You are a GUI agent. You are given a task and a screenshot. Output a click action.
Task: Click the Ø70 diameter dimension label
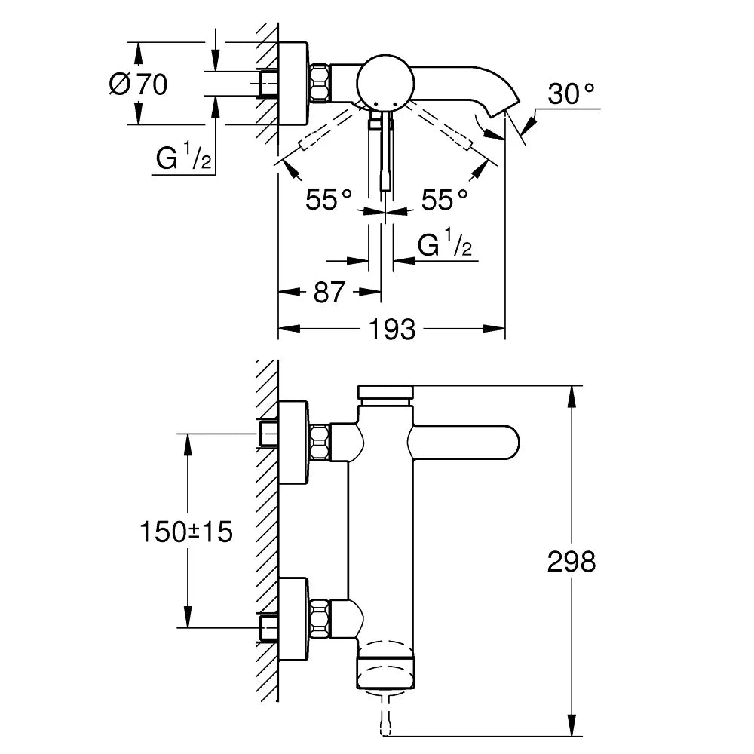pyautogui.click(x=138, y=84)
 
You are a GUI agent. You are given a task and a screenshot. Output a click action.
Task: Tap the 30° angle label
pyautogui.click(x=571, y=94)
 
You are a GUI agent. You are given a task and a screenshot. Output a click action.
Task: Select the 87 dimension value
pyautogui.click(x=329, y=292)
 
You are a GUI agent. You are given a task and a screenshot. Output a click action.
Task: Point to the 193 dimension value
pyautogui.click(x=393, y=329)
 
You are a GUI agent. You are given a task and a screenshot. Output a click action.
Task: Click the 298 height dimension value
pyautogui.click(x=571, y=561)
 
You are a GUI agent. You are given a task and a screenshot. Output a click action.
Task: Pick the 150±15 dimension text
pyautogui.click(x=185, y=532)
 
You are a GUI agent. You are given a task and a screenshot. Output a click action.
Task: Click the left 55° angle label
pyautogui.click(x=329, y=200)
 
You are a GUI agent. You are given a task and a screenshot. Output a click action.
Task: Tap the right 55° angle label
pyautogui.click(x=444, y=200)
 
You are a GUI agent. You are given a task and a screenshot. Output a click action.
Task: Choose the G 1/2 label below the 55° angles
pyautogui.click(x=445, y=246)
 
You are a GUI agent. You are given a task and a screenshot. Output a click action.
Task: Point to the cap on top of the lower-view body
pyautogui.click(x=386, y=393)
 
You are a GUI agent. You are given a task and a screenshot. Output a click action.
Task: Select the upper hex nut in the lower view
pyautogui.click(x=320, y=442)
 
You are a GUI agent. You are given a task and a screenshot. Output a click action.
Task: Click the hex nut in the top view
pyautogui.click(x=320, y=83)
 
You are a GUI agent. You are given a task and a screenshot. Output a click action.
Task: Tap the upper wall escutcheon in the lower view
pyautogui.click(x=294, y=442)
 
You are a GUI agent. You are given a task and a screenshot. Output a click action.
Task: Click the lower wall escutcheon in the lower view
pyautogui.click(x=294, y=618)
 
